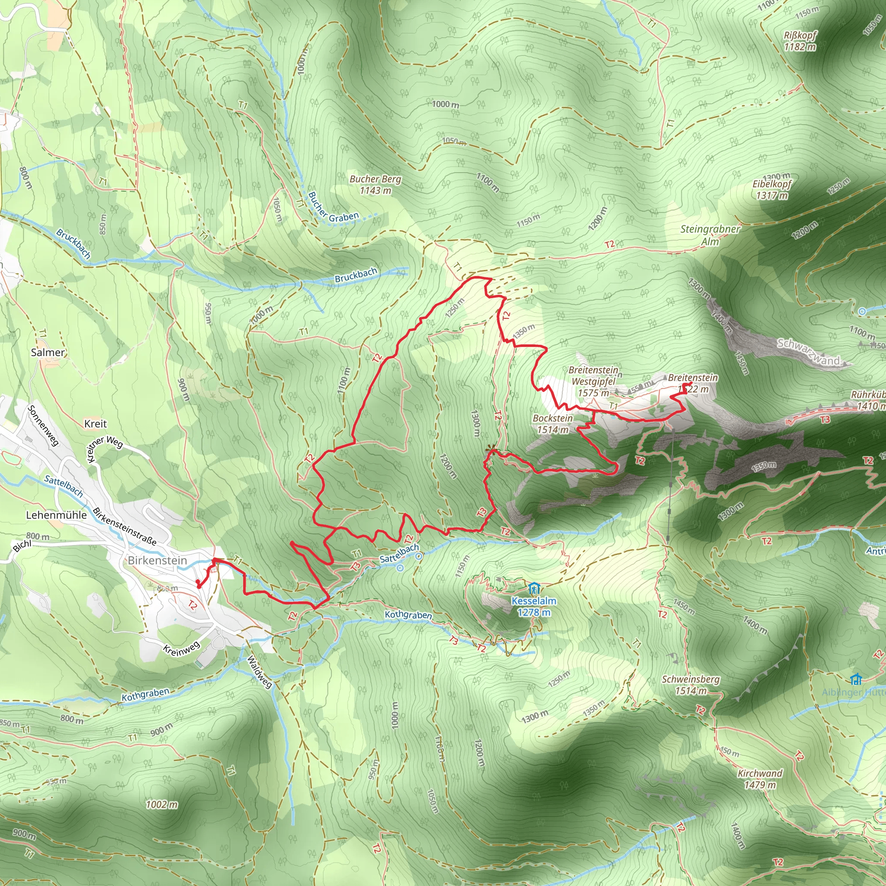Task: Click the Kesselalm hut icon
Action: coord(533,588)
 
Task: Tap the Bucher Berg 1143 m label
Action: coord(375,184)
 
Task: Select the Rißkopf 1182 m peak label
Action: coord(800,41)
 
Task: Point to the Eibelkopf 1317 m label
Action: coord(772,189)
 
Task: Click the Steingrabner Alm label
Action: coord(710,235)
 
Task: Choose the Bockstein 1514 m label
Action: coord(552,424)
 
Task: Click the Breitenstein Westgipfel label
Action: coord(594,381)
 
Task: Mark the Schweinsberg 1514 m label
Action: coord(690,685)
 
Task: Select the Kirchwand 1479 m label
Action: coord(760,779)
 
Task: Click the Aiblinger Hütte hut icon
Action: coord(856,678)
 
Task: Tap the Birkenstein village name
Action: coord(157,560)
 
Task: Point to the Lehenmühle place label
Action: coord(56,515)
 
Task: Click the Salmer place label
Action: coord(48,352)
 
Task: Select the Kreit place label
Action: coord(95,424)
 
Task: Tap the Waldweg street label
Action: coord(260,672)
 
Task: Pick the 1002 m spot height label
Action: coord(161,805)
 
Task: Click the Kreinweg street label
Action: coord(182,648)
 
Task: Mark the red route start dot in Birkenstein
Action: coord(198,582)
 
